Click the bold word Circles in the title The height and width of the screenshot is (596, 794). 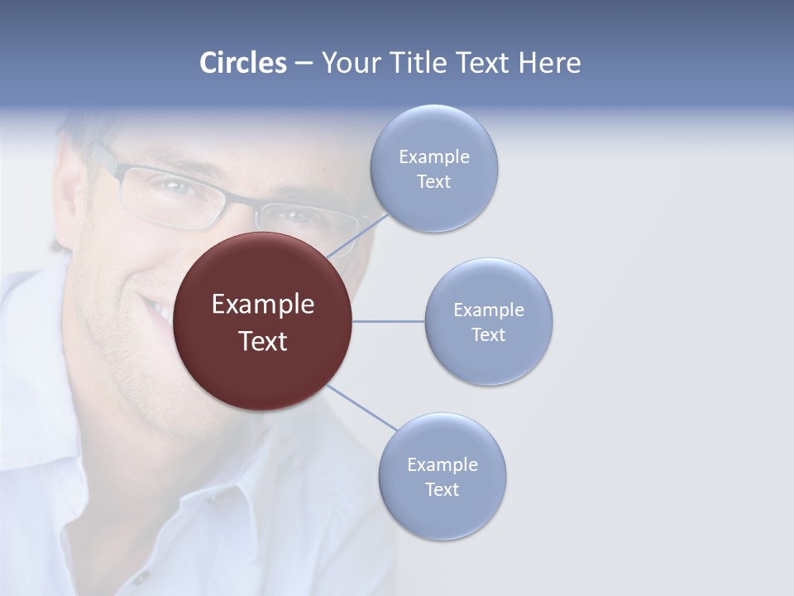[243, 63]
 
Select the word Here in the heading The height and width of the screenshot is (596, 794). [549, 63]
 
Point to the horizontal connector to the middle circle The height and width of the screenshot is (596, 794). [389, 321]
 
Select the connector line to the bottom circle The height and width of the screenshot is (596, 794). [361, 407]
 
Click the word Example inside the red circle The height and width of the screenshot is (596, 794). [263, 305]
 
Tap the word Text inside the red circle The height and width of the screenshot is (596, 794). [263, 341]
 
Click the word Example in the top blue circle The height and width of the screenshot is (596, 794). [434, 157]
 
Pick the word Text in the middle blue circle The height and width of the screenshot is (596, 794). [489, 335]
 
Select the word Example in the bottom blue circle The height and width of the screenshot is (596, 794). [442, 465]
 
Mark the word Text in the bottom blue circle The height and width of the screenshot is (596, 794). [442, 490]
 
